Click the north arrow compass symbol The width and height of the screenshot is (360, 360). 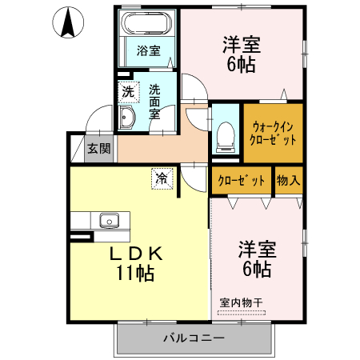(x=68, y=22)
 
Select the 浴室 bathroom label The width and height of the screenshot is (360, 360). (x=149, y=50)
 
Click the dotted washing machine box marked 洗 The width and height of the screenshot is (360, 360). (x=129, y=92)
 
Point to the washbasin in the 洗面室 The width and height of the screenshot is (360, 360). (x=126, y=118)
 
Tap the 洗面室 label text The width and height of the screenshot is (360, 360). (x=154, y=102)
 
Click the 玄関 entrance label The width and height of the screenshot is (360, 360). (x=99, y=148)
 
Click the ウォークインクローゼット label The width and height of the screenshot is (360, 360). (x=273, y=133)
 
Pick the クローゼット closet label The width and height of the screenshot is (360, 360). (x=242, y=181)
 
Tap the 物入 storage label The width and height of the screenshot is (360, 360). (x=288, y=180)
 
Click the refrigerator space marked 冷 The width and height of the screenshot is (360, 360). (x=162, y=178)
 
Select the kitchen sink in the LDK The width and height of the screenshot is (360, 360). (x=110, y=220)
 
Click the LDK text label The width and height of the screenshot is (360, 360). (x=136, y=254)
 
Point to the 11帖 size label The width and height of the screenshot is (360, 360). (x=135, y=273)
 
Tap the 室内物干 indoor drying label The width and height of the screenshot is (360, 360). (x=242, y=302)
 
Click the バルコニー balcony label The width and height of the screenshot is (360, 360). (x=194, y=338)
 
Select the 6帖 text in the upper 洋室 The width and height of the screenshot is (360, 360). (x=242, y=65)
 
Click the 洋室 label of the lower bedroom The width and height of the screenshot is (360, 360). (x=258, y=249)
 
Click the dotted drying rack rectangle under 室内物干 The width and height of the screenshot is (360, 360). (x=242, y=313)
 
